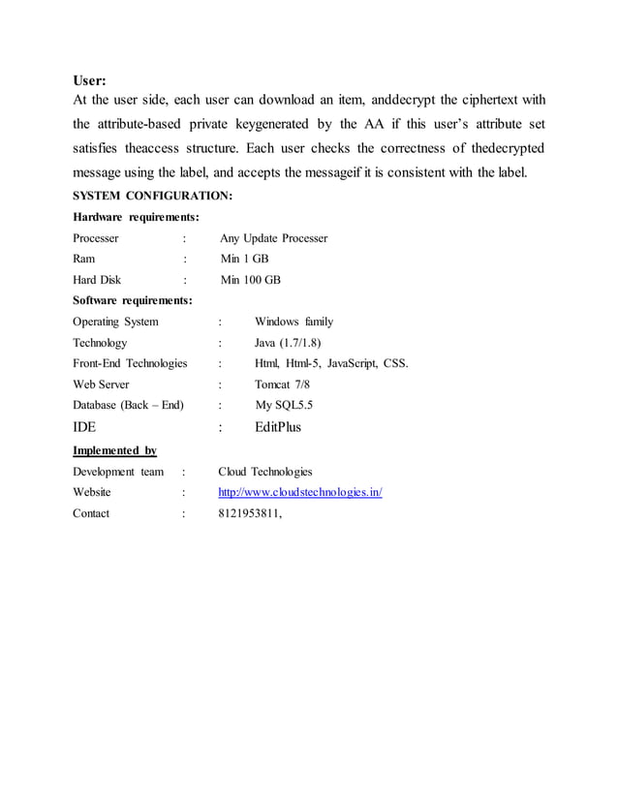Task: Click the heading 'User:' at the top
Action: [x=90, y=79]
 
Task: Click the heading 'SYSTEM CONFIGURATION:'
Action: [x=152, y=196]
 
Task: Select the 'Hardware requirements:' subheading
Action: [x=137, y=216]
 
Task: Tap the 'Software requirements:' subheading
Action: [x=133, y=300]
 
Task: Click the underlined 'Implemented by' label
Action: [x=115, y=450]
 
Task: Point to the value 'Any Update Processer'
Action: [x=274, y=237]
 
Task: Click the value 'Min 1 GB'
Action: [x=245, y=259]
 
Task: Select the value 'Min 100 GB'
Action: [x=251, y=280]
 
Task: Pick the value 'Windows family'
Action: [x=294, y=322]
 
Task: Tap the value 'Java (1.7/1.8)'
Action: [x=288, y=343]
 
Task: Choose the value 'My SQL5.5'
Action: [x=284, y=405]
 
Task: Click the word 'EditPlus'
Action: [x=278, y=427]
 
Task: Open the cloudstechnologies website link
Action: [x=300, y=492]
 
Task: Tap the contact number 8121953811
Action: [x=250, y=513]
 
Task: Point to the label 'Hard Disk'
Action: [x=97, y=280]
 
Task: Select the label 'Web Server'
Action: [x=101, y=385]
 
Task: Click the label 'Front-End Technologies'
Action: [x=130, y=363]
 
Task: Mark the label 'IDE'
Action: [x=84, y=427]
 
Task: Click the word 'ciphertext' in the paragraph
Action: [x=484, y=100]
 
